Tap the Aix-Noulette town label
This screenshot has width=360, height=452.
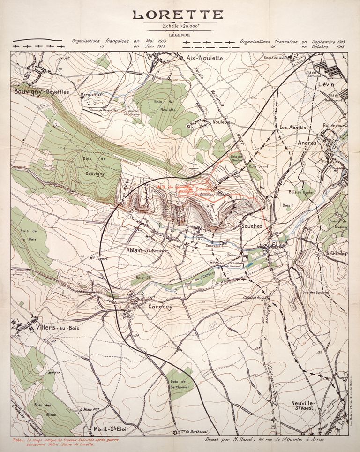(204, 58)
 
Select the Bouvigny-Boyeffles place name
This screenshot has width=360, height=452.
(41, 92)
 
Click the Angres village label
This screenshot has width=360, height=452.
(307, 142)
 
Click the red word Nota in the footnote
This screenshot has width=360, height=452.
(19, 440)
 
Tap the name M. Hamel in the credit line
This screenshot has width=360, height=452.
(242, 440)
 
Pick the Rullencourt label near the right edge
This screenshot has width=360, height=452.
(334, 126)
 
